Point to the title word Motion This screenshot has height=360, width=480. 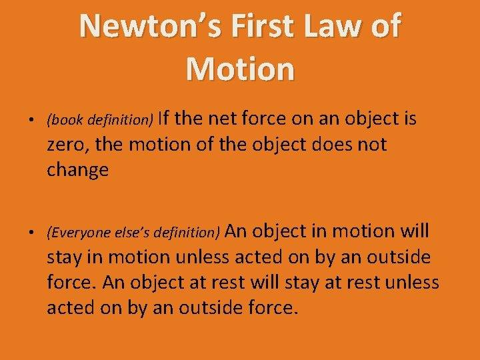tap(240, 69)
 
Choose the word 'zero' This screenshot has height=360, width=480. tap(65, 145)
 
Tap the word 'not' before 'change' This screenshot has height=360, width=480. tap(372, 145)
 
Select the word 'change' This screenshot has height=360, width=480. tap(77, 171)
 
